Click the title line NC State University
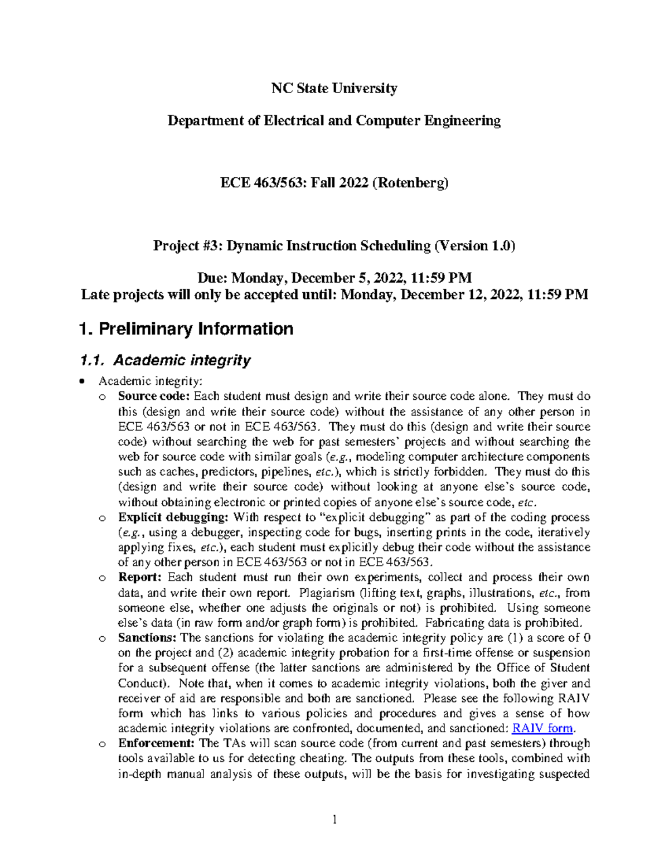tap(334, 89)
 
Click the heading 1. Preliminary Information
tap(186, 329)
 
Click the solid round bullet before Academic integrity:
tap(83, 382)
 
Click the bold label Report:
tap(139, 578)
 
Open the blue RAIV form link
tap(542, 728)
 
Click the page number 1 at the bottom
tap(334, 820)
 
